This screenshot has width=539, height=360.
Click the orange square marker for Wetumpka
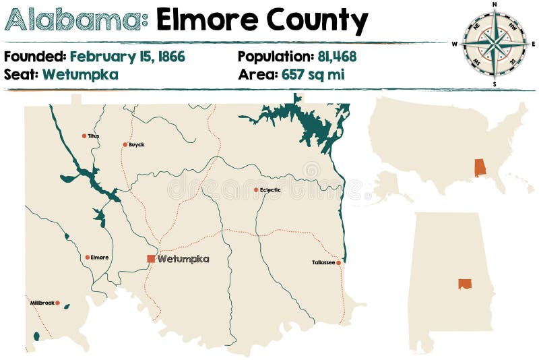[x=151, y=258]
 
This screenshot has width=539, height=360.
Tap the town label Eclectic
[x=271, y=190]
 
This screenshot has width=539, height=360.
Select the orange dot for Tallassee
[x=338, y=263]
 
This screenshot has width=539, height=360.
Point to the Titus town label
[x=94, y=136]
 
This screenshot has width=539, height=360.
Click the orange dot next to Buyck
[x=125, y=144]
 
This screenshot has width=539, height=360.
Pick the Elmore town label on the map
[x=100, y=257]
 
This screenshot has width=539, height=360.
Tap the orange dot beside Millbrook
[x=58, y=303]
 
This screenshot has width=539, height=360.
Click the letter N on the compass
[x=495, y=4]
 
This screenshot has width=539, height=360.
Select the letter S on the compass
[x=495, y=84]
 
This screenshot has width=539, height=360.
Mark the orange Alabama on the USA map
[x=480, y=168]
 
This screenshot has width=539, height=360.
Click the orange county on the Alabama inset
[x=465, y=284]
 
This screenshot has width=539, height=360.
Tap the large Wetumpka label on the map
[x=183, y=258]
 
